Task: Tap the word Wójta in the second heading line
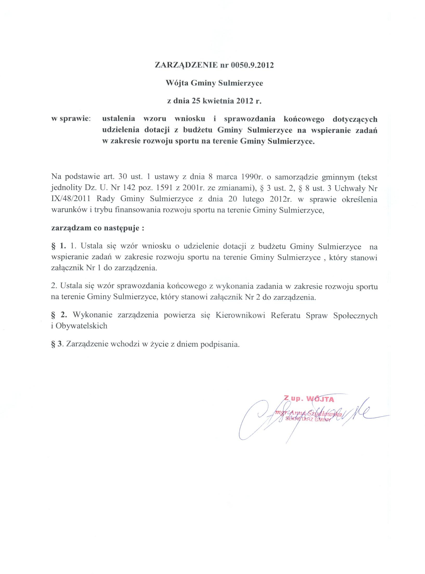(177, 83)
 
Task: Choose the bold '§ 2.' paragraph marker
(60, 315)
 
